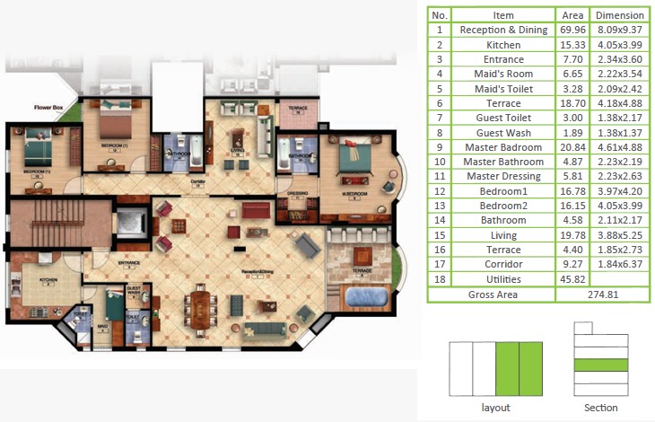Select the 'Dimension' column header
coord(619,15)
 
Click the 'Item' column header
coord(503,15)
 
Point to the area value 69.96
coord(572,30)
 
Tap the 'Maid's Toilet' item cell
coord(503,88)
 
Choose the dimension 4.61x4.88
coord(619,146)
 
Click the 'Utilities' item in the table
coord(503,278)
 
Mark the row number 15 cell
coord(440,234)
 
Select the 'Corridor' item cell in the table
coord(503,264)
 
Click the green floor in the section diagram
coord(600,365)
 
